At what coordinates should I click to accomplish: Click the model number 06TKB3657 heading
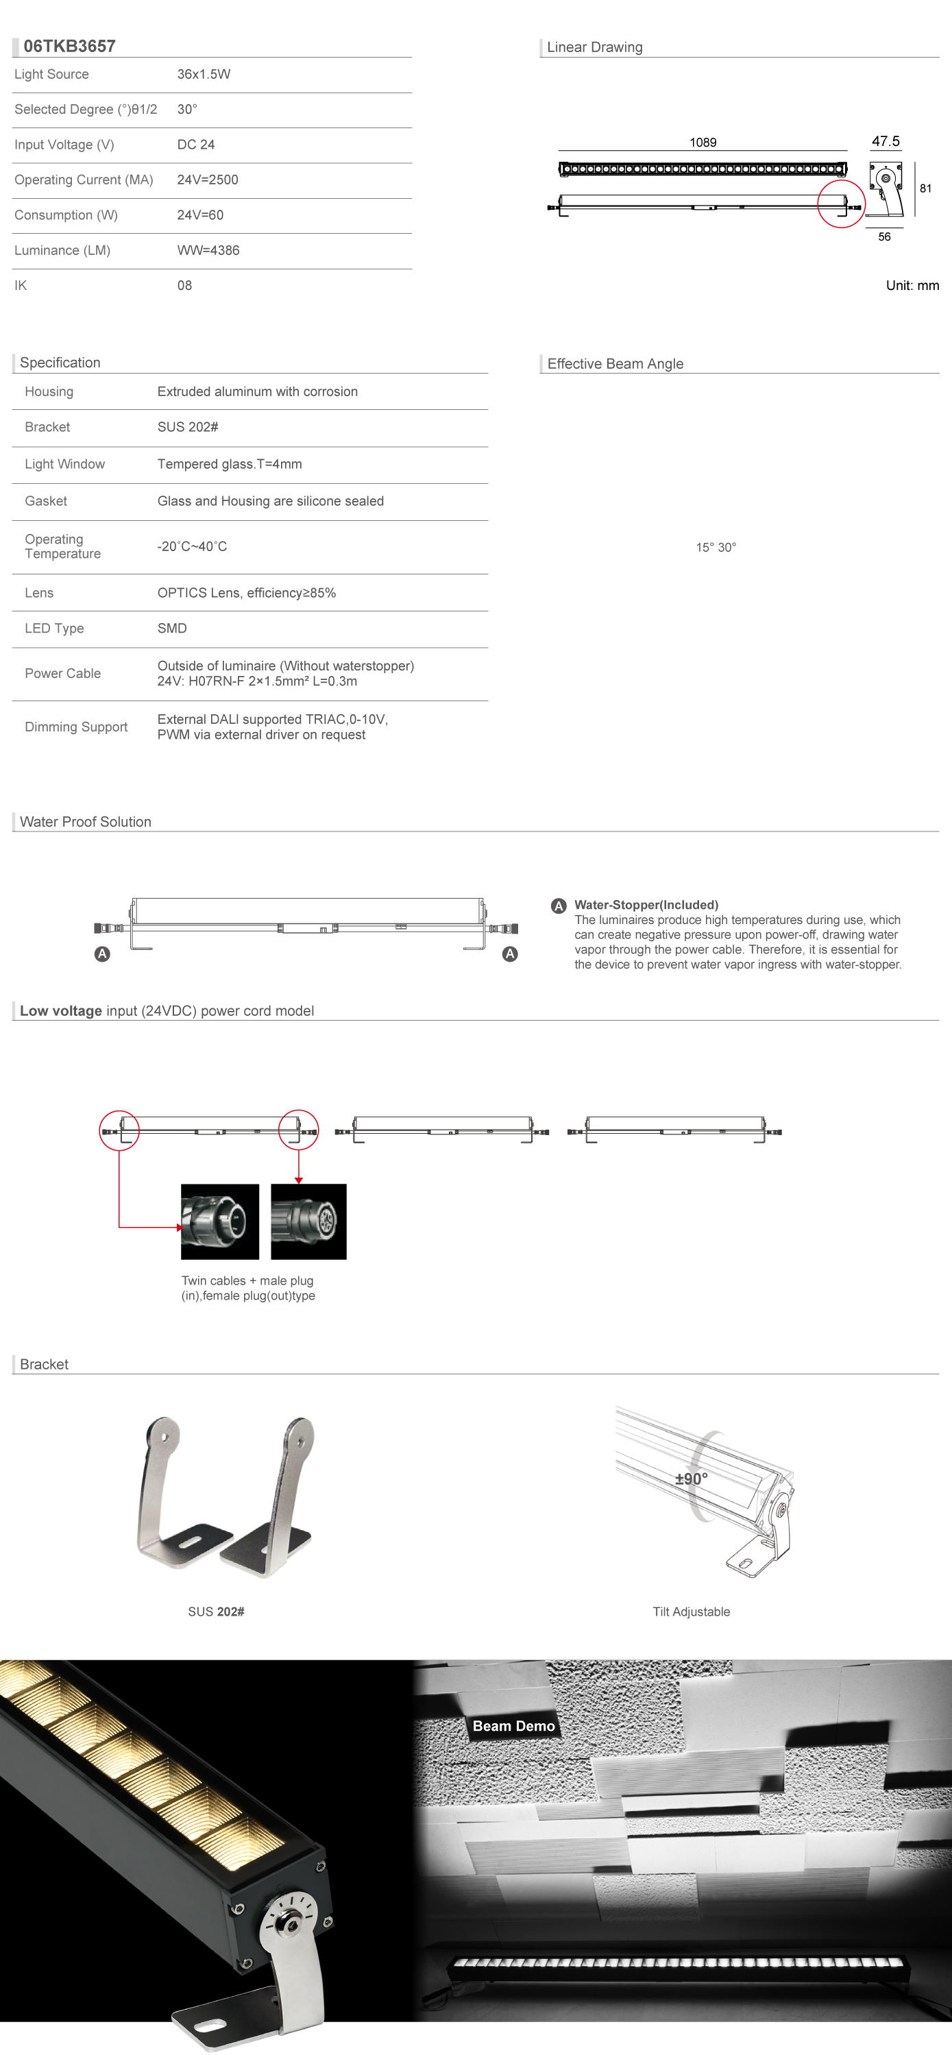pyautogui.click(x=69, y=47)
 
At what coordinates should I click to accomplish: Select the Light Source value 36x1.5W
pyautogui.click(x=204, y=74)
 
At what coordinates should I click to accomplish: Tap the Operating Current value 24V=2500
pyautogui.click(x=208, y=180)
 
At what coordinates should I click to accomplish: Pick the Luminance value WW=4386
pyautogui.click(x=208, y=250)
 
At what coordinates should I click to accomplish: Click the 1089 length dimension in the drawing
pyautogui.click(x=703, y=142)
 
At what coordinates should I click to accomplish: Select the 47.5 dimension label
pyautogui.click(x=885, y=141)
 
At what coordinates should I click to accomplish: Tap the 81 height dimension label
pyautogui.click(x=926, y=189)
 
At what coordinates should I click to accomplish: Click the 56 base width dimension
pyautogui.click(x=884, y=237)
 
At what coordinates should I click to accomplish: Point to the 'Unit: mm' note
pyautogui.click(x=912, y=286)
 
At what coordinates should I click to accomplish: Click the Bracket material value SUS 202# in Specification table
pyautogui.click(x=188, y=427)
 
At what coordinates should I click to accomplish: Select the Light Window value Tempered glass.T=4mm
pyautogui.click(x=229, y=463)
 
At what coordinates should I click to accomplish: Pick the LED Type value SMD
pyautogui.click(x=171, y=628)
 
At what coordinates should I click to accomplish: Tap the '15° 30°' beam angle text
pyautogui.click(x=716, y=547)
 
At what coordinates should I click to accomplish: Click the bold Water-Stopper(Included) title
pyautogui.click(x=646, y=905)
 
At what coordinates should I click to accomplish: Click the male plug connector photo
pyautogui.click(x=220, y=1221)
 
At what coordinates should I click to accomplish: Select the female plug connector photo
pyautogui.click(x=309, y=1221)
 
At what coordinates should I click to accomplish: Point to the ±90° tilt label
pyautogui.click(x=691, y=1479)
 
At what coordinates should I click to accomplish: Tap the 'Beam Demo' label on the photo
pyautogui.click(x=513, y=1725)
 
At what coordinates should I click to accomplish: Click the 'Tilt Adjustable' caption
pyautogui.click(x=691, y=1612)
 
